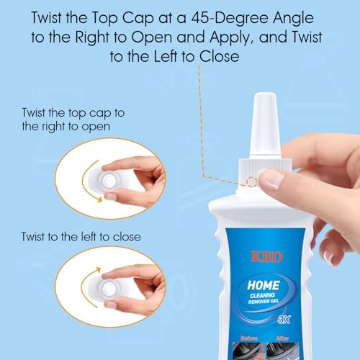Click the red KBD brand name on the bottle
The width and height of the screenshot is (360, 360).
click(x=266, y=257)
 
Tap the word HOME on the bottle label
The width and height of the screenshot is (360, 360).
click(x=264, y=286)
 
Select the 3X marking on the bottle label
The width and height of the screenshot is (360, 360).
click(x=284, y=320)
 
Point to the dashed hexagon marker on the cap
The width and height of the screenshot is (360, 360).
click(x=252, y=182)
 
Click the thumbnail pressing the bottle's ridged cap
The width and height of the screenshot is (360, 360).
click(x=271, y=179)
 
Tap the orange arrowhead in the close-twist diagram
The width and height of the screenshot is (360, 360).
click(x=98, y=269)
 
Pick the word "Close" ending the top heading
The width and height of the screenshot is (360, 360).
click(x=219, y=57)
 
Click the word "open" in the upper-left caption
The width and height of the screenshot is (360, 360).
click(x=96, y=127)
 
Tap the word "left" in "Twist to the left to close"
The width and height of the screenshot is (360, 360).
click(x=89, y=237)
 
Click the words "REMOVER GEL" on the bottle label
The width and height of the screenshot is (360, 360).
click(x=264, y=302)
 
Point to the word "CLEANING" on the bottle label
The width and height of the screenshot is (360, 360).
click(x=262, y=295)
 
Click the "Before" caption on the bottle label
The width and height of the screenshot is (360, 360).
click(x=249, y=338)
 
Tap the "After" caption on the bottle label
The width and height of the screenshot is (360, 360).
click(x=282, y=338)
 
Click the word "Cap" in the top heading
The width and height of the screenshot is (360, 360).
click(x=138, y=18)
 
